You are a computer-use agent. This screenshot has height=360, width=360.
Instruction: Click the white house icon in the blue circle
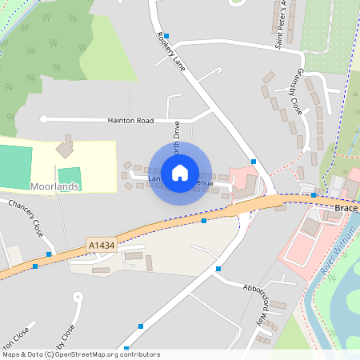(x=180, y=172)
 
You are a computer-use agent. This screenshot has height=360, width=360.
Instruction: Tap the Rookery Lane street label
(x=172, y=52)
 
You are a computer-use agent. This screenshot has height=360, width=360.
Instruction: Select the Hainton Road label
(x=130, y=120)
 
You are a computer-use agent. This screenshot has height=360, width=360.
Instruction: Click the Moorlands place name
(x=54, y=186)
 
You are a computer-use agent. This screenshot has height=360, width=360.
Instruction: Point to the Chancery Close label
(x=26, y=218)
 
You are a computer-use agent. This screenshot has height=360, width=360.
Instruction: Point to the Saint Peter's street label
(x=281, y=24)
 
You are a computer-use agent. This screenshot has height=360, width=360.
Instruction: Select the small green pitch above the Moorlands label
(x=70, y=174)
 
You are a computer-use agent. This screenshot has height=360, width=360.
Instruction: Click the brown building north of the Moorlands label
(x=63, y=148)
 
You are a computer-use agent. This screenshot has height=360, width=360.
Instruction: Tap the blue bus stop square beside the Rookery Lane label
(x=166, y=36)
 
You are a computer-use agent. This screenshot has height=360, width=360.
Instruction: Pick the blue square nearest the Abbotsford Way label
(x=218, y=269)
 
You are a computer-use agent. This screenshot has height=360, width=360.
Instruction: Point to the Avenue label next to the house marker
(x=204, y=183)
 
